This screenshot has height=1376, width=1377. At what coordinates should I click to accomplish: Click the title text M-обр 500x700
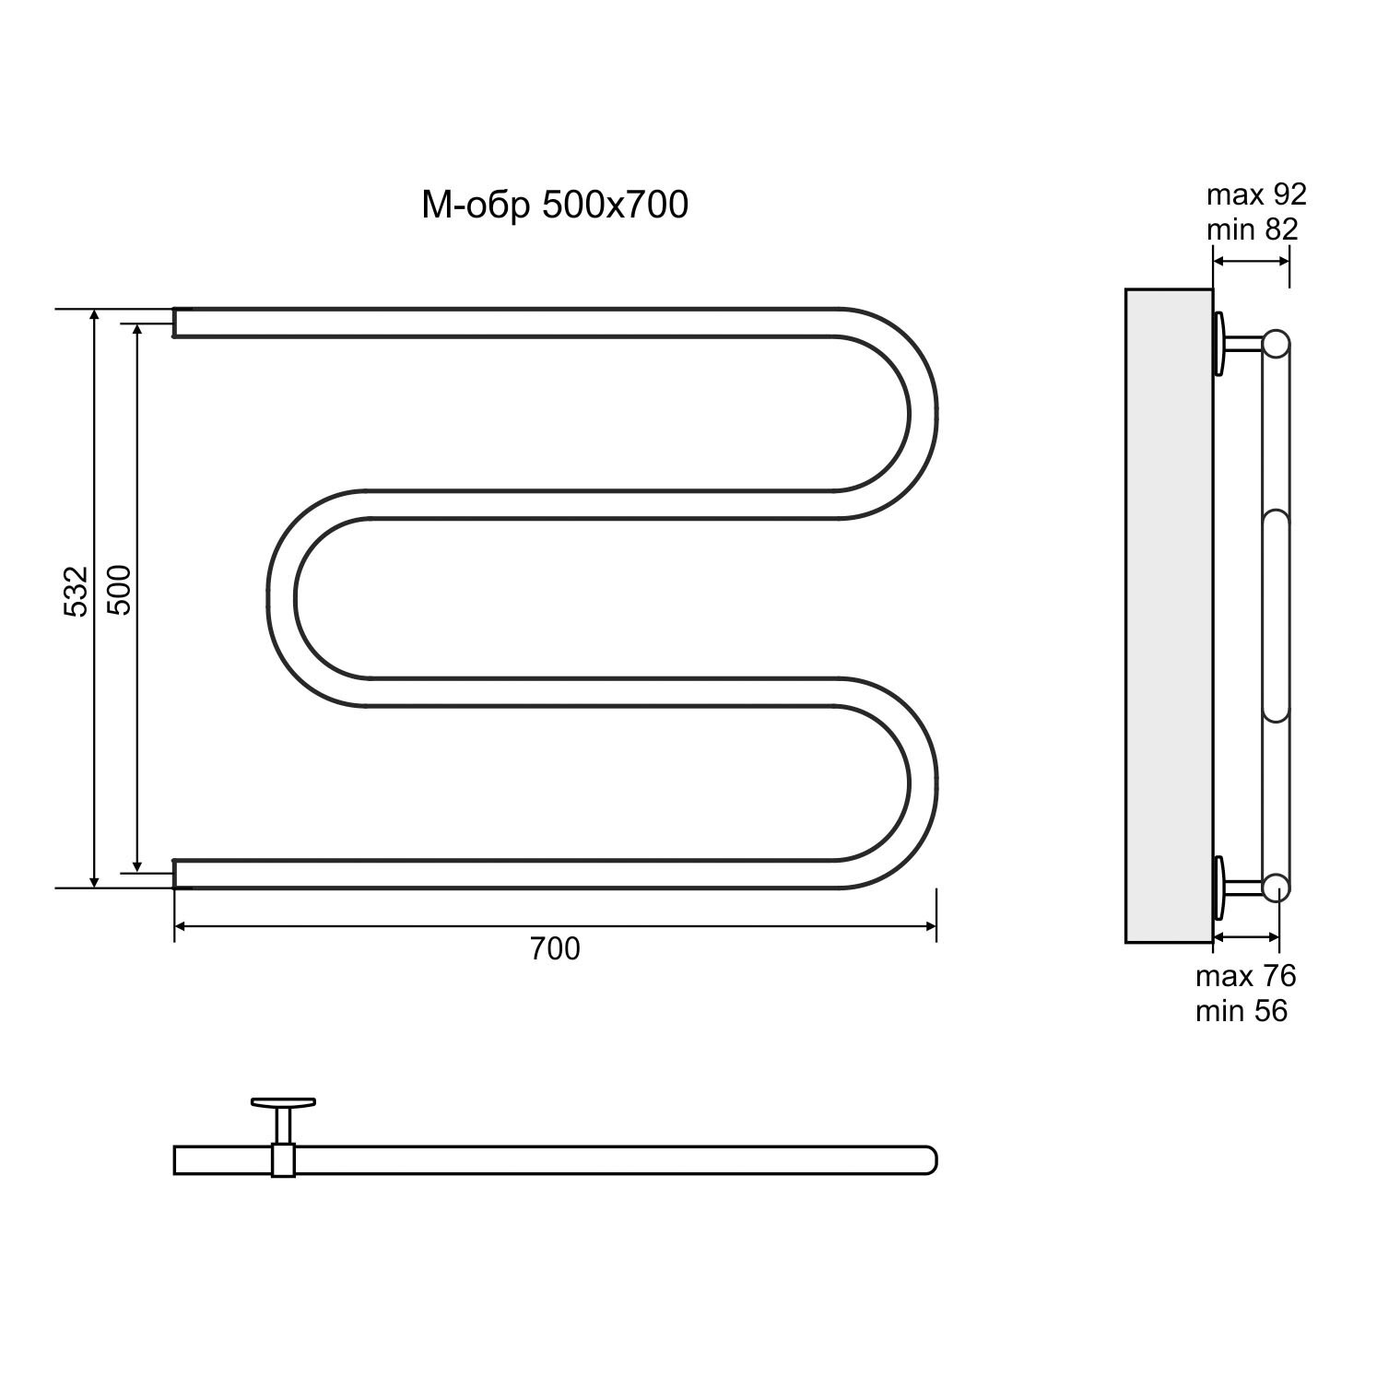coord(555,206)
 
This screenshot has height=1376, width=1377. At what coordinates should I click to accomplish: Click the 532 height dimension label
coord(76,591)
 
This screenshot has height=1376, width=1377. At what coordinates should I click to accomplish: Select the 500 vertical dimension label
coord(120,590)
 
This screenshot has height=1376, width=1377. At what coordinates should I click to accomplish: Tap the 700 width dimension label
coord(555,948)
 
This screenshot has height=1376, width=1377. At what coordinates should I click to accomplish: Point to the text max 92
coord(1256,194)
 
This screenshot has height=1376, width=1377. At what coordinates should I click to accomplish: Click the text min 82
coord(1253,229)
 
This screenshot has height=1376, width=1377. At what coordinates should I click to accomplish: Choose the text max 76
coord(1245,975)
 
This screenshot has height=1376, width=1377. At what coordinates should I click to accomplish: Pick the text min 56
coord(1242,1011)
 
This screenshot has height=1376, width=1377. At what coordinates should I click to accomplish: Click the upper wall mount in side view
coord(1237,344)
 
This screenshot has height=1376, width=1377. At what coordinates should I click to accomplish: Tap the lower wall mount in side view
coord(1237,888)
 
